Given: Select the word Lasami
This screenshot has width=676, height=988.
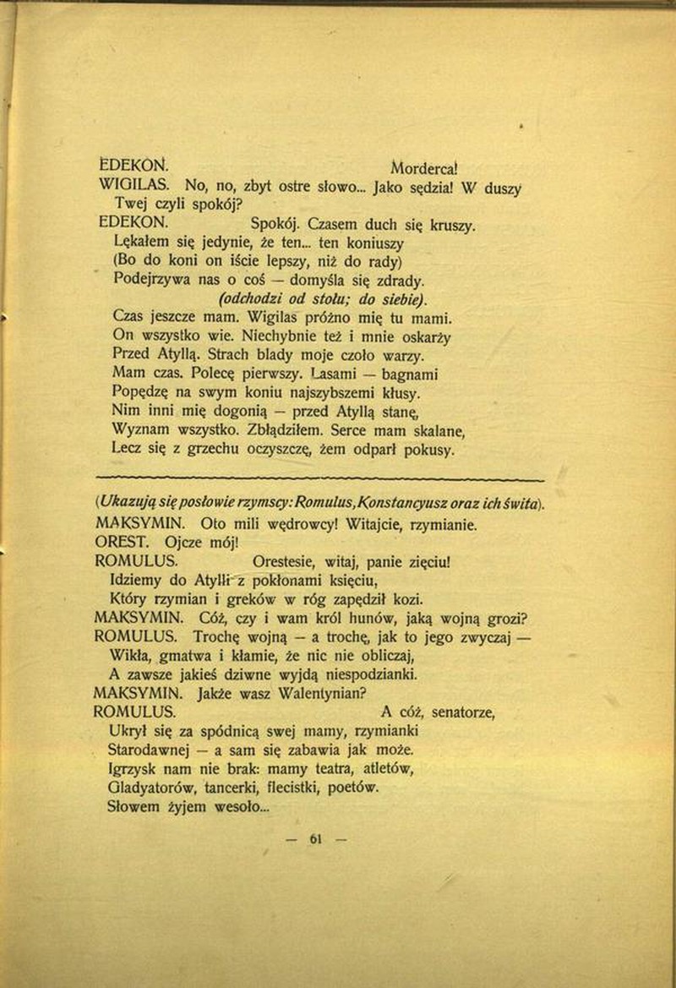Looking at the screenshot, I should (x=338, y=374).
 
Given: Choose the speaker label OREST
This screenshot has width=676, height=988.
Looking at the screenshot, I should (x=125, y=542).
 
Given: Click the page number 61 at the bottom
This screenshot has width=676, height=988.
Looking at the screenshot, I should (x=317, y=839).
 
